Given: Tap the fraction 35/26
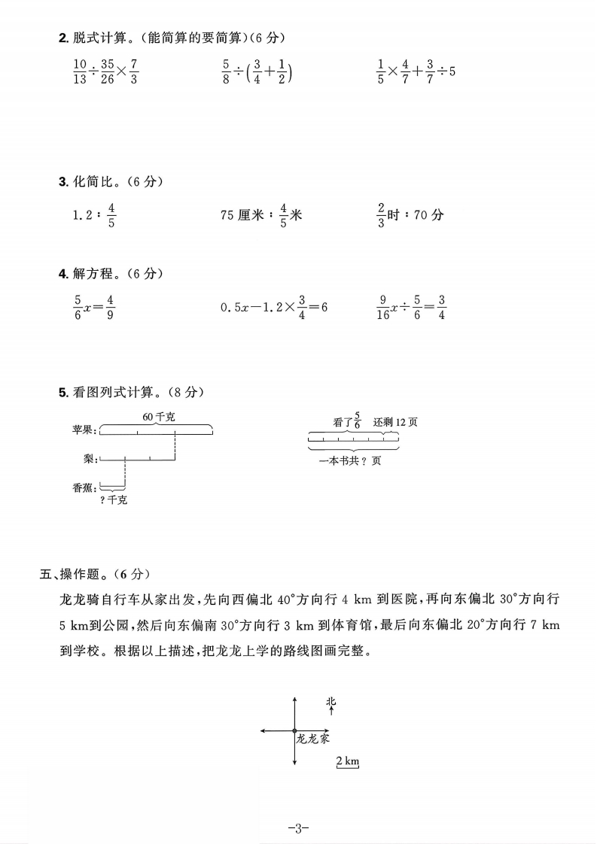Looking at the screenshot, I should (x=107, y=72).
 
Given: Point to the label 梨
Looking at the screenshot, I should (x=89, y=457).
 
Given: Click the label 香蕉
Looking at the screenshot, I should (x=83, y=487).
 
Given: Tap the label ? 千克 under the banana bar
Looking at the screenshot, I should (x=114, y=500).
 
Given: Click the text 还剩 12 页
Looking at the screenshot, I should (x=395, y=422).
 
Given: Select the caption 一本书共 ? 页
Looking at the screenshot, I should (x=351, y=460).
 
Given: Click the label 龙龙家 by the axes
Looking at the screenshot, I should (x=312, y=739).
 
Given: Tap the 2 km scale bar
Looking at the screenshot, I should (x=347, y=762).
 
